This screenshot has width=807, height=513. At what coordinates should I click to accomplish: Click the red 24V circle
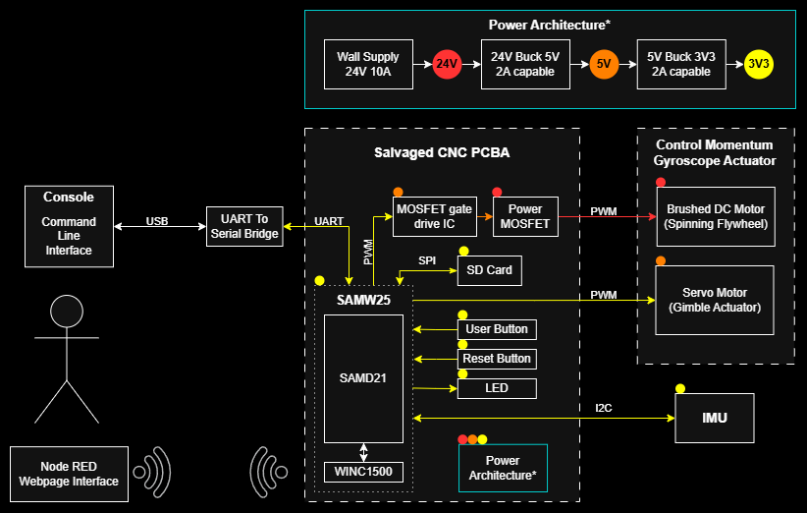[x=447, y=65]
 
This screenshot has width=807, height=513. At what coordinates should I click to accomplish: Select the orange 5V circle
[x=604, y=65]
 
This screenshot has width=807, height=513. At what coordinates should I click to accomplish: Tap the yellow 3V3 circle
[x=759, y=65]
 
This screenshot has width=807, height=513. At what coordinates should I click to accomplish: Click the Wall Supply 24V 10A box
[x=368, y=65]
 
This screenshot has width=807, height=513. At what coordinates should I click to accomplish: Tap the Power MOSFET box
[x=525, y=217]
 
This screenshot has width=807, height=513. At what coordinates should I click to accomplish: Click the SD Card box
[x=489, y=270]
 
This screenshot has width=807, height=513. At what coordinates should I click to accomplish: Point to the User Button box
[x=497, y=329]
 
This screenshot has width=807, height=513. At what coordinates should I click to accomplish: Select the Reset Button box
[x=497, y=359]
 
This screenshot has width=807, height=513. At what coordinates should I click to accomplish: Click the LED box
[x=497, y=388]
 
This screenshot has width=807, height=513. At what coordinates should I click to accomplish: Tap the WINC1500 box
[x=363, y=473]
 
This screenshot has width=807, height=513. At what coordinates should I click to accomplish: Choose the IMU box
[x=715, y=419]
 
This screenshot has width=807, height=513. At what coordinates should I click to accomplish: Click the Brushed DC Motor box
[x=715, y=217]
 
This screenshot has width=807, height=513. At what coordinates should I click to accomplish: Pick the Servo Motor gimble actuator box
[x=715, y=300]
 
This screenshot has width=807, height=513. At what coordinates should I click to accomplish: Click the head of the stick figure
[x=66, y=312]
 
